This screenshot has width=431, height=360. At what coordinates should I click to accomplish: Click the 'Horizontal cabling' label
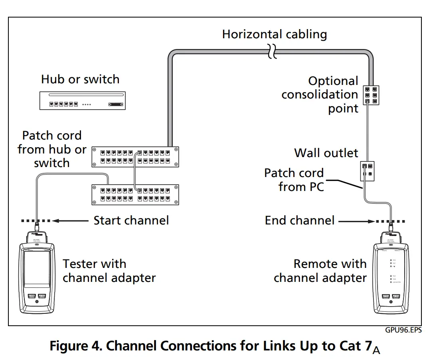click(x=274, y=34)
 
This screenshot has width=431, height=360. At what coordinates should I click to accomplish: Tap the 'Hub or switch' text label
click(x=80, y=79)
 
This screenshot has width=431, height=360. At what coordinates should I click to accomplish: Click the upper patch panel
click(x=135, y=156)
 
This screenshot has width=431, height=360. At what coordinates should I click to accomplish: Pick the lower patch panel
click(x=135, y=194)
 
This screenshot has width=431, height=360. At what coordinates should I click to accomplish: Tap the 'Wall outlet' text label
click(x=326, y=153)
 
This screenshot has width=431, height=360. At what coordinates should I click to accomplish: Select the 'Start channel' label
click(x=131, y=220)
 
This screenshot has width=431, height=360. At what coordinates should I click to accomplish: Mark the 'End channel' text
click(x=299, y=220)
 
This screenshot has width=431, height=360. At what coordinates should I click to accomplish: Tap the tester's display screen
click(x=37, y=269)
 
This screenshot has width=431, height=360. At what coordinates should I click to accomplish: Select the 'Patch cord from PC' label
click(x=294, y=179)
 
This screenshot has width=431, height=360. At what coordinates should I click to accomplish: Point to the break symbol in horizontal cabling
click(x=272, y=51)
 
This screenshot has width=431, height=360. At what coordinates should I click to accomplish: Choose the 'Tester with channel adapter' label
click(x=109, y=271)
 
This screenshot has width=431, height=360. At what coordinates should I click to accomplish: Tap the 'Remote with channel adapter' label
click(x=320, y=271)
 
